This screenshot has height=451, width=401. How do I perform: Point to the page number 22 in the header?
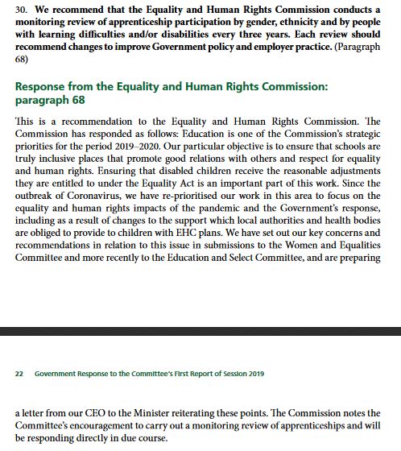tap(20, 374)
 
